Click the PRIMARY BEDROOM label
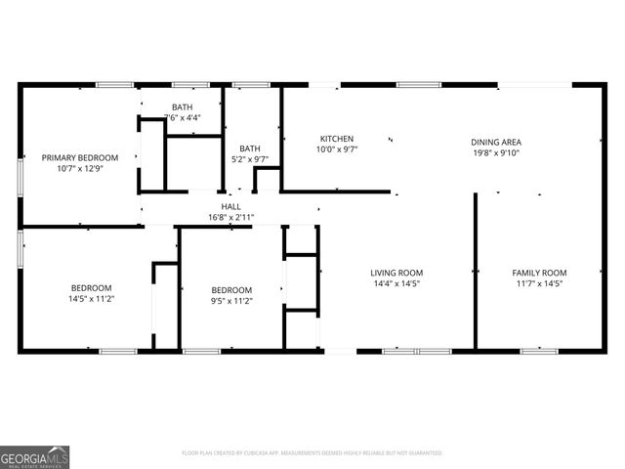point(79,157)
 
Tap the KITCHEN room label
point(336,139)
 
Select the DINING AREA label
point(496,141)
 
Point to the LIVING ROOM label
point(396,273)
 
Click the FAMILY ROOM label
point(540,273)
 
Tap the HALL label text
point(230,206)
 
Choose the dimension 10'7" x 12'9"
point(79,168)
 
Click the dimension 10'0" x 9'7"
point(336,149)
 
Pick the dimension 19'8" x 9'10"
point(496,151)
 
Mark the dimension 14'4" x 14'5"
point(396,283)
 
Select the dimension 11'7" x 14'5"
point(540,283)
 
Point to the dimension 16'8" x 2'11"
point(230,217)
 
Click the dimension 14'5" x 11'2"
point(92,299)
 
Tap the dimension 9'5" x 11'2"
point(232,301)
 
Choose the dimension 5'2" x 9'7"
point(249,159)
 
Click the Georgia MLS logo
point(34,456)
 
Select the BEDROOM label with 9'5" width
point(232,290)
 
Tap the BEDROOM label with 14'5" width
point(92,288)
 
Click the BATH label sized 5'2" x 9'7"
point(250,149)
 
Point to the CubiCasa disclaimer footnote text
point(312,453)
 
